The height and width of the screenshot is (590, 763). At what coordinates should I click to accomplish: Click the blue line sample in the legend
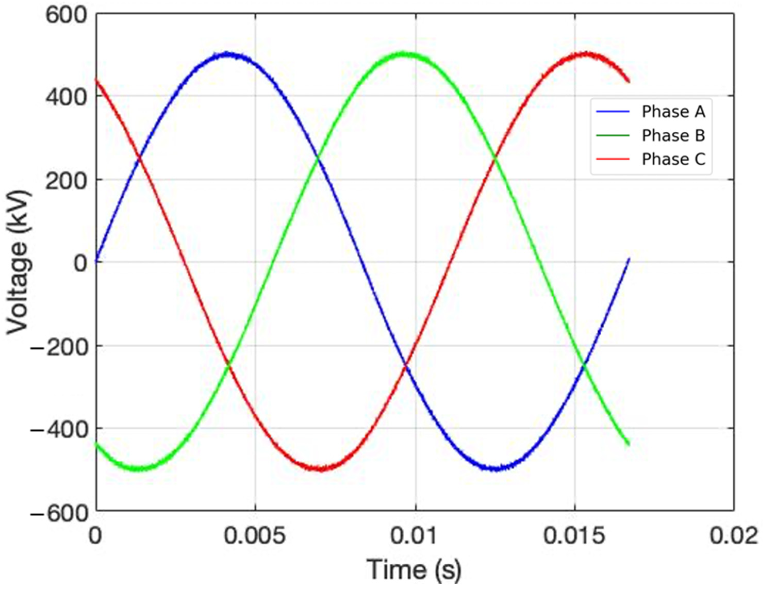point(613,112)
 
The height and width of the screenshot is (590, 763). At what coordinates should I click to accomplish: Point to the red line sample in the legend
point(613,159)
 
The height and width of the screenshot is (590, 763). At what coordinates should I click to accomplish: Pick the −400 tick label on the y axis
point(59,430)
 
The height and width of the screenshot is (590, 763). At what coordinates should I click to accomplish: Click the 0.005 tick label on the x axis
point(255,536)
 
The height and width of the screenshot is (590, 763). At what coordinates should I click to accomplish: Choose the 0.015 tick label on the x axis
point(574,536)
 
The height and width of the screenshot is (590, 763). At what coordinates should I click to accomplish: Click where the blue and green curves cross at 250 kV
point(318,159)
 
